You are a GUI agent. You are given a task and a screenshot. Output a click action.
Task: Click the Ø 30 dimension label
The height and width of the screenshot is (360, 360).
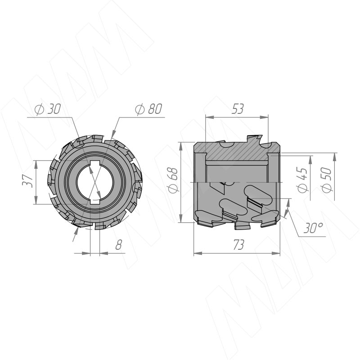(48, 109)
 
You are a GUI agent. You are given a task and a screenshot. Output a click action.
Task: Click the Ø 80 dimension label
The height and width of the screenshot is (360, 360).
(148, 109)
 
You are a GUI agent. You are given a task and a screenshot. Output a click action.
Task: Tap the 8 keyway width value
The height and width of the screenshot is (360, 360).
(118, 244)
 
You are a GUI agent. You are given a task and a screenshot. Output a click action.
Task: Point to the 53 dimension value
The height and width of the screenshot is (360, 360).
(237, 109)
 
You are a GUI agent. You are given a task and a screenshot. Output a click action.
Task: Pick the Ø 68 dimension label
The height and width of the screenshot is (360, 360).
(173, 180)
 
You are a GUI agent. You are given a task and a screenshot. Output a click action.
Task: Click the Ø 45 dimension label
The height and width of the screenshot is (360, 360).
(302, 180)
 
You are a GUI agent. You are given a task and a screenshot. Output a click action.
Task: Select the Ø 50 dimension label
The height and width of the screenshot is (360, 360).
(326, 180)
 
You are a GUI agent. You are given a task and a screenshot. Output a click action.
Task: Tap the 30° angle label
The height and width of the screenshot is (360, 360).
(313, 228)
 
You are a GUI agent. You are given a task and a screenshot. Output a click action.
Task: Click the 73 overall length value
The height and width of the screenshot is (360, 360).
(239, 245)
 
